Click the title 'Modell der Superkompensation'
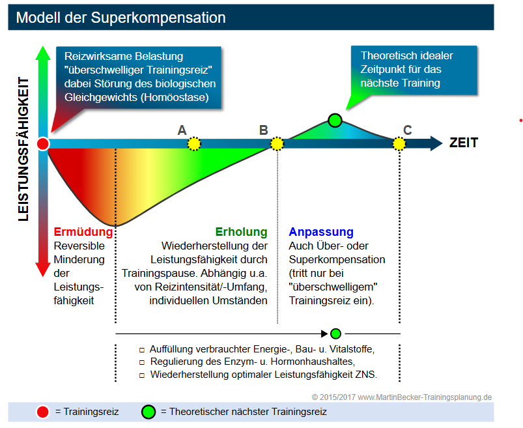121,18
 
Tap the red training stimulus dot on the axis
43,144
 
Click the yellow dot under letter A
194,144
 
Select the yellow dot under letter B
277,144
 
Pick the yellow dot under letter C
399,144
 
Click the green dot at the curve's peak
335,120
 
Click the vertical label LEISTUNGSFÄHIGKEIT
24,149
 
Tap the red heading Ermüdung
79,232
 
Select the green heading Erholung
241,232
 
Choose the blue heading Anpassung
321,232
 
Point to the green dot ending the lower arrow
335,334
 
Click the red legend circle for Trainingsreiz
43,412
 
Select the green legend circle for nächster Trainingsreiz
148,412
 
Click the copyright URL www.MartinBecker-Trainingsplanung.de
424,397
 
